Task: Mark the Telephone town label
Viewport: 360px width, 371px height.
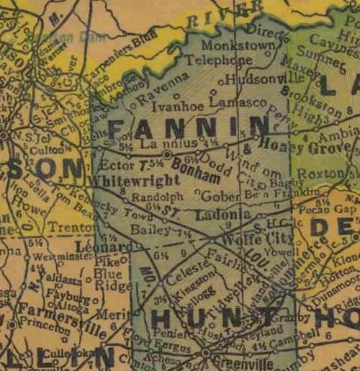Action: (209, 61)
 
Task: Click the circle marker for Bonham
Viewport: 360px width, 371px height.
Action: (166, 154)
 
